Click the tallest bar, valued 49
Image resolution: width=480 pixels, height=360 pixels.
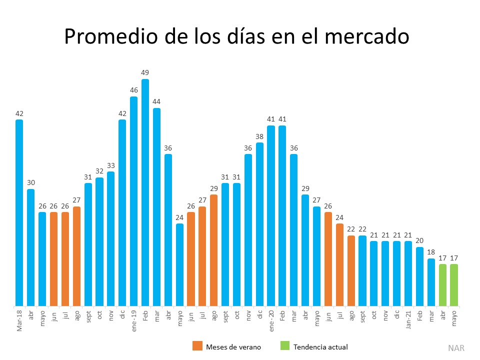(x=145, y=192)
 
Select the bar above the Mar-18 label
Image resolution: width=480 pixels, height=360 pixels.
(x=19, y=212)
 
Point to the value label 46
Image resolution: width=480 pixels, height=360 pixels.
(x=133, y=90)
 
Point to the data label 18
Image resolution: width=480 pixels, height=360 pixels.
(x=431, y=252)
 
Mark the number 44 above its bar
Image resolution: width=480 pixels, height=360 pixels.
(x=156, y=101)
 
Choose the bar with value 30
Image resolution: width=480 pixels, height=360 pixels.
(x=31, y=247)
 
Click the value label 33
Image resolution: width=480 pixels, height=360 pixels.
(x=110, y=165)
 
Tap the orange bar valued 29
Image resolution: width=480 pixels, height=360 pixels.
(x=213, y=250)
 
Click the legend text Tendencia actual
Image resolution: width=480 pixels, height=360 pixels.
(x=320, y=346)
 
